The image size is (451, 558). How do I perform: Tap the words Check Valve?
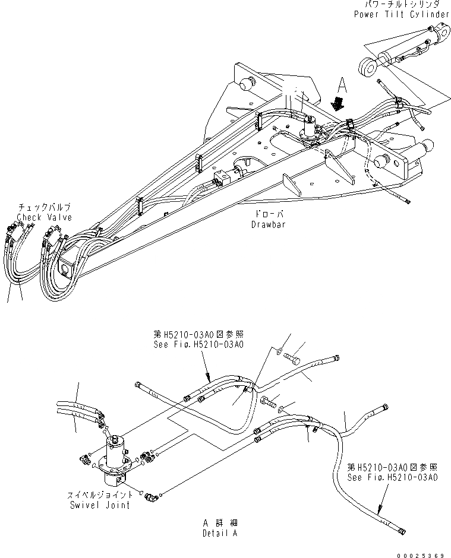(44, 217)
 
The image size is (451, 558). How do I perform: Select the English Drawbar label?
(264, 224)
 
